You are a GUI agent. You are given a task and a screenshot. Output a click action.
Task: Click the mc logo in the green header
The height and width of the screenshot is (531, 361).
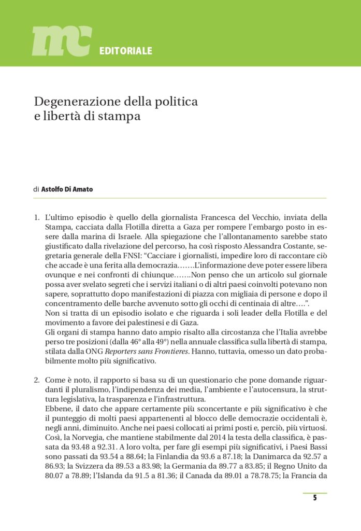[x=62, y=41]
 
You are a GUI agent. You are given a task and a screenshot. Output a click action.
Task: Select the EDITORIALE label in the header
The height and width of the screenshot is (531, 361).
[x=125, y=51]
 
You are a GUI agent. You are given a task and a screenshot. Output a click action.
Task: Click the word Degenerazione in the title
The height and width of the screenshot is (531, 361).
[x=75, y=101]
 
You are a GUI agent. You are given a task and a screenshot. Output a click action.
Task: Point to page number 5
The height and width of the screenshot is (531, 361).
[x=314, y=498]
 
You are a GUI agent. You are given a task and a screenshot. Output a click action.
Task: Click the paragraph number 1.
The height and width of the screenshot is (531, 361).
[x=36, y=217]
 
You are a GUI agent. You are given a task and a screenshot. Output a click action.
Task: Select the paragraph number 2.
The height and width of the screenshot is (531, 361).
[x=36, y=380]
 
